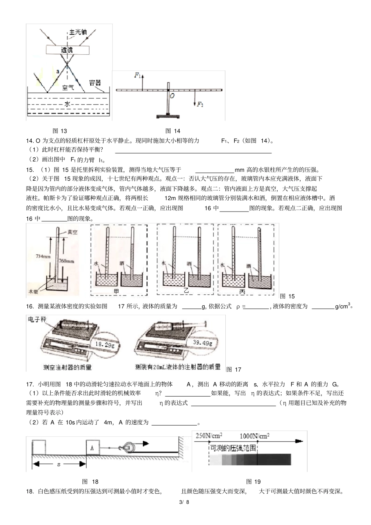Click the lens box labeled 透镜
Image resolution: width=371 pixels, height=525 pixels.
click(x=67, y=50)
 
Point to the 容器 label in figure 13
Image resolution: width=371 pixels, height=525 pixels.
click(x=95, y=83)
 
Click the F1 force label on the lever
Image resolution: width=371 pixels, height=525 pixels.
click(x=137, y=75)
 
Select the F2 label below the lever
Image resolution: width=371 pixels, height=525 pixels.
click(x=200, y=104)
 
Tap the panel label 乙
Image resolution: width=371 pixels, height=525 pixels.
click(x=186, y=291)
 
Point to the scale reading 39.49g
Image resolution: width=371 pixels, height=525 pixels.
click(x=203, y=343)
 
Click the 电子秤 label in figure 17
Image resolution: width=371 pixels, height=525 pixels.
click(x=37, y=320)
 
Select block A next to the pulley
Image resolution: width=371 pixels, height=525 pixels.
click(x=92, y=448)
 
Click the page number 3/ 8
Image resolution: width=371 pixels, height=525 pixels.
click(x=184, y=502)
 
